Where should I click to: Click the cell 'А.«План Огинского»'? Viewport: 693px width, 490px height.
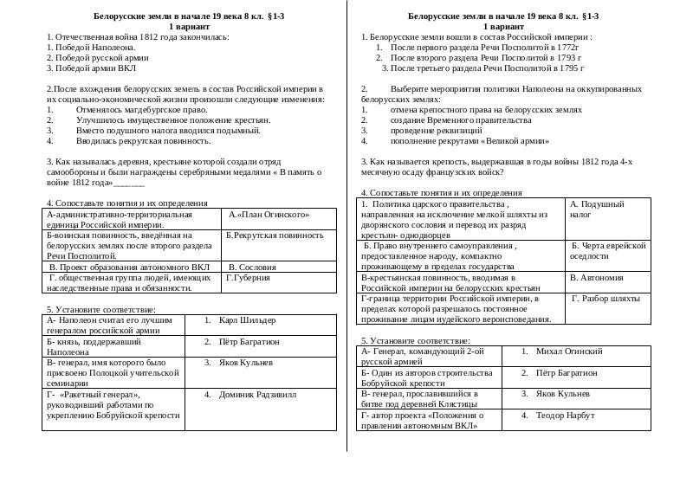point(270,213)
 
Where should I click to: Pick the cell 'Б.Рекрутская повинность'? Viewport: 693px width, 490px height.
point(274,235)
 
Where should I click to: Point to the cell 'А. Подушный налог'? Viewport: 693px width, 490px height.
point(597,209)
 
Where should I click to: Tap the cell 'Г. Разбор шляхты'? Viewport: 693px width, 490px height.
point(605,298)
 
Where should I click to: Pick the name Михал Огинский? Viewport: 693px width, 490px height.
point(568,352)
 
